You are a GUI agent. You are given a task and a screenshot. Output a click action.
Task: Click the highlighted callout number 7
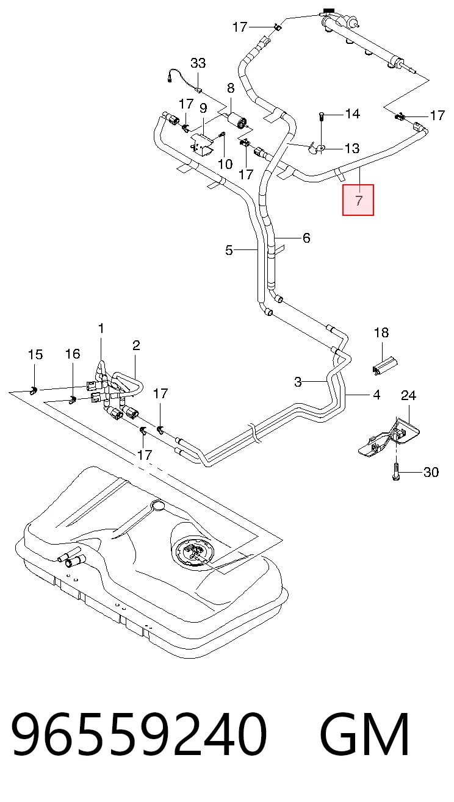click(359, 200)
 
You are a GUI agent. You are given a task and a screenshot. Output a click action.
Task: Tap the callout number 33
click(198, 63)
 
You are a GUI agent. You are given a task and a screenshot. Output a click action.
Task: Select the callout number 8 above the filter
click(231, 88)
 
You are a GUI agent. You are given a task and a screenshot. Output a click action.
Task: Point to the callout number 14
click(352, 114)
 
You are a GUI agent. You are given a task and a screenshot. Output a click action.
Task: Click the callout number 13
click(352, 148)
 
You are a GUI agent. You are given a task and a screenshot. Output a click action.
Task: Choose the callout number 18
click(381, 332)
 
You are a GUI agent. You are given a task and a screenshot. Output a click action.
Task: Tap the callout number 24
click(408, 396)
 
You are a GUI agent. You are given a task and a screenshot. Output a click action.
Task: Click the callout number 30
click(431, 472)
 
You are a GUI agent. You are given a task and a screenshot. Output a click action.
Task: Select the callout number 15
click(35, 354)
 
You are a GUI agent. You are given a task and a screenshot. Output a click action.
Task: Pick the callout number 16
click(73, 354)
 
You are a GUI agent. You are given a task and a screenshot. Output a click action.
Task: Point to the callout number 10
click(225, 164)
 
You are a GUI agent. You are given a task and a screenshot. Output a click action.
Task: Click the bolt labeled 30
click(396, 471)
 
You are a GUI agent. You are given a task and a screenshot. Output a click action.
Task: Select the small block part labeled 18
click(385, 365)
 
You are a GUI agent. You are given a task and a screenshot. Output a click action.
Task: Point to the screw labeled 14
click(321, 117)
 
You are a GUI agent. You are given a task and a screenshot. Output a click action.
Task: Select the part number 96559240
click(140, 739)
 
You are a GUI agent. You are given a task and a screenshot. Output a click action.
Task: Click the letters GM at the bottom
click(364, 739)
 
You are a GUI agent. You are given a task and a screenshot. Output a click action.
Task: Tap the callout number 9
click(203, 108)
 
